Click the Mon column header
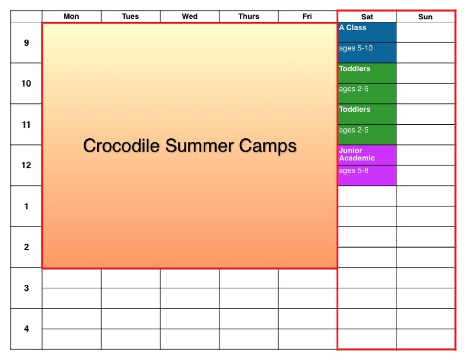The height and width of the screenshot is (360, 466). (71, 16)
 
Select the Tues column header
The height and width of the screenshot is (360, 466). (130, 16)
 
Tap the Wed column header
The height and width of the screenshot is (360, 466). (190, 16)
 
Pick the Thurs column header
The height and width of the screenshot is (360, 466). (249, 16)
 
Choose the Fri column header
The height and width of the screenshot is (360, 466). (308, 16)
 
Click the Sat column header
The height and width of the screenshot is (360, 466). (367, 17)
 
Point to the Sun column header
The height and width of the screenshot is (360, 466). (425, 17)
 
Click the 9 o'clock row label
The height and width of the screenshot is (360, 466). (26, 43)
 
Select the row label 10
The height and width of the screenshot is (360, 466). (26, 84)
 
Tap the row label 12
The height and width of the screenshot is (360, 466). (26, 165)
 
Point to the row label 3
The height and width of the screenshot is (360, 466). (26, 288)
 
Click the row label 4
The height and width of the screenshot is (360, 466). (26, 329)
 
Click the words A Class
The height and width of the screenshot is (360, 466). (352, 28)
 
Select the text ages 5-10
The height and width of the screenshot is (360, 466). (356, 48)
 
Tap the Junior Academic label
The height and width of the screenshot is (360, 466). (356, 154)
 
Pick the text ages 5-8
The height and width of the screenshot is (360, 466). (354, 171)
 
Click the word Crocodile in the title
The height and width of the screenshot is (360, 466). (121, 145)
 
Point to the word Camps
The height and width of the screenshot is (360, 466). (268, 146)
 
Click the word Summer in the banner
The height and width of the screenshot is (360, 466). (199, 145)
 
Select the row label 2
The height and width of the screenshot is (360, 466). (26, 247)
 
